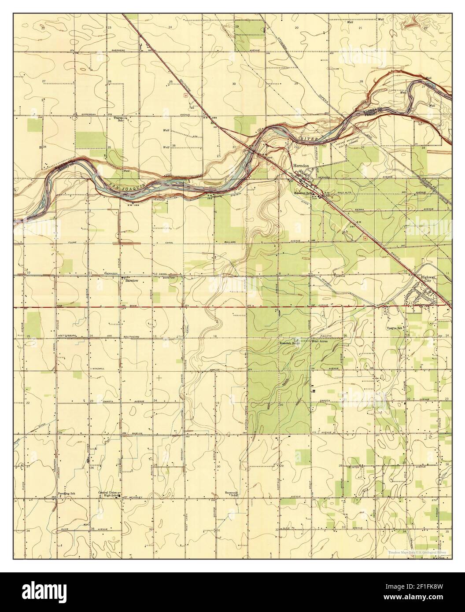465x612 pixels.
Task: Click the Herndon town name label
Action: [302, 165]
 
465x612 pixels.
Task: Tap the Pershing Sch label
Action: [66, 494]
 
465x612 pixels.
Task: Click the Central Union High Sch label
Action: [110, 494]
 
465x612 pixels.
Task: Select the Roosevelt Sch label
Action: [231, 494]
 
